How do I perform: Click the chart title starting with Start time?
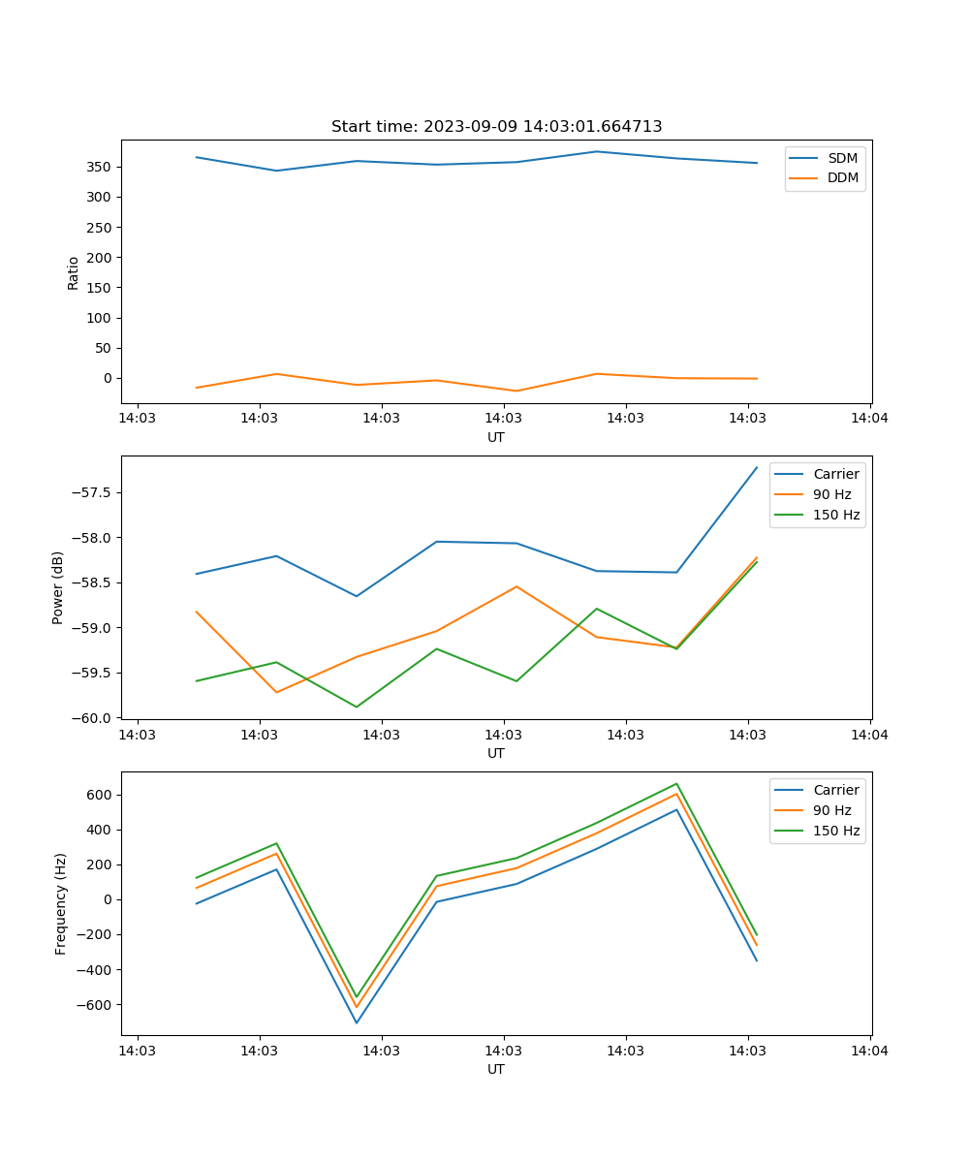pyautogui.click(x=496, y=127)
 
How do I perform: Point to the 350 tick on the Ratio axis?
pyautogui.click(x=102, y=167)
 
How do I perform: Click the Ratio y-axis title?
pyautogui.click(x=74, y=271)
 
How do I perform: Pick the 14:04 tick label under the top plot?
pyautogui.click(x=869, y=419)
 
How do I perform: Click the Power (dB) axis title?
pyautogui.click(x=58, y=587)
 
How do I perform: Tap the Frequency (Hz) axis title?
pyautogui.click(x=61, y=903)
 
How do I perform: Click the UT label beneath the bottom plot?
pyautogui.click(x=496, y=1069)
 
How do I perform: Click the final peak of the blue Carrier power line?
pyautogui.click(x=757, y=467)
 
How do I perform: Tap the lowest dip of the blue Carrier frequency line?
pyautogui.click(x=357, y=1022)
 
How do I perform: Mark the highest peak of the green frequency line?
pyautogui.click(x=676, y=783)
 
